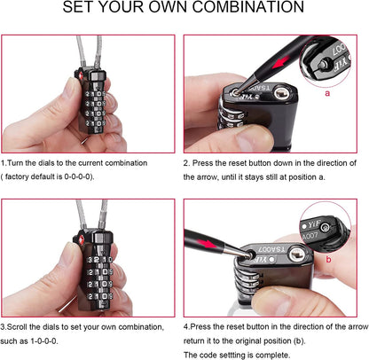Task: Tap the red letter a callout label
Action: coord(327,93)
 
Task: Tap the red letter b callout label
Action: coord(328,259)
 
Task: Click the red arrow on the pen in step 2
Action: coord(280,61)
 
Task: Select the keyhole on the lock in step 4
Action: coord(296,254)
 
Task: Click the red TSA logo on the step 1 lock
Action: coord(80,75)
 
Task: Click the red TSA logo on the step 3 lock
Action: coord(81,239)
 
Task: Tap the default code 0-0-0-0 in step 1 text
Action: coord(77,176)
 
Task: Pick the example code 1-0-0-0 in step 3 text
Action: coord(43,340)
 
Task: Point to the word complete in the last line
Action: coord(272,355)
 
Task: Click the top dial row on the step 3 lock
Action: coord(100,260)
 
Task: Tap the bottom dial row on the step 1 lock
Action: coord(95,123)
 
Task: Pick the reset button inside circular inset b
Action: coord(326,227)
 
